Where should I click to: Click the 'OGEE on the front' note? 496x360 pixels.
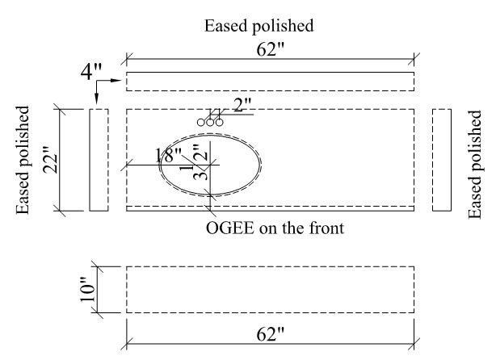click(x=275, y=228)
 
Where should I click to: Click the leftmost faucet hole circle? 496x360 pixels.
click(x=200, y=122)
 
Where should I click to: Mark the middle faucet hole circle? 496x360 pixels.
click(x=210, y=122)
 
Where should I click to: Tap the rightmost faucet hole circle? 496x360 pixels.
click(x=219, y=122)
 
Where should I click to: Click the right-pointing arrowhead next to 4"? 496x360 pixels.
click(x=117, y=81)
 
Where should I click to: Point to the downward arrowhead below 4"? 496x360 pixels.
click(x=96, y=99)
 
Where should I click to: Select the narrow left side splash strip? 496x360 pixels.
click(x=99, y=160)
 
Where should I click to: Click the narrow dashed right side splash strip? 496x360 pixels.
click(x=442, y=160)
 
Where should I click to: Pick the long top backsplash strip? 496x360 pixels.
click(x=270, y=81)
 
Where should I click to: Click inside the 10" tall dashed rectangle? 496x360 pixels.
click(x=270, y=289)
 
